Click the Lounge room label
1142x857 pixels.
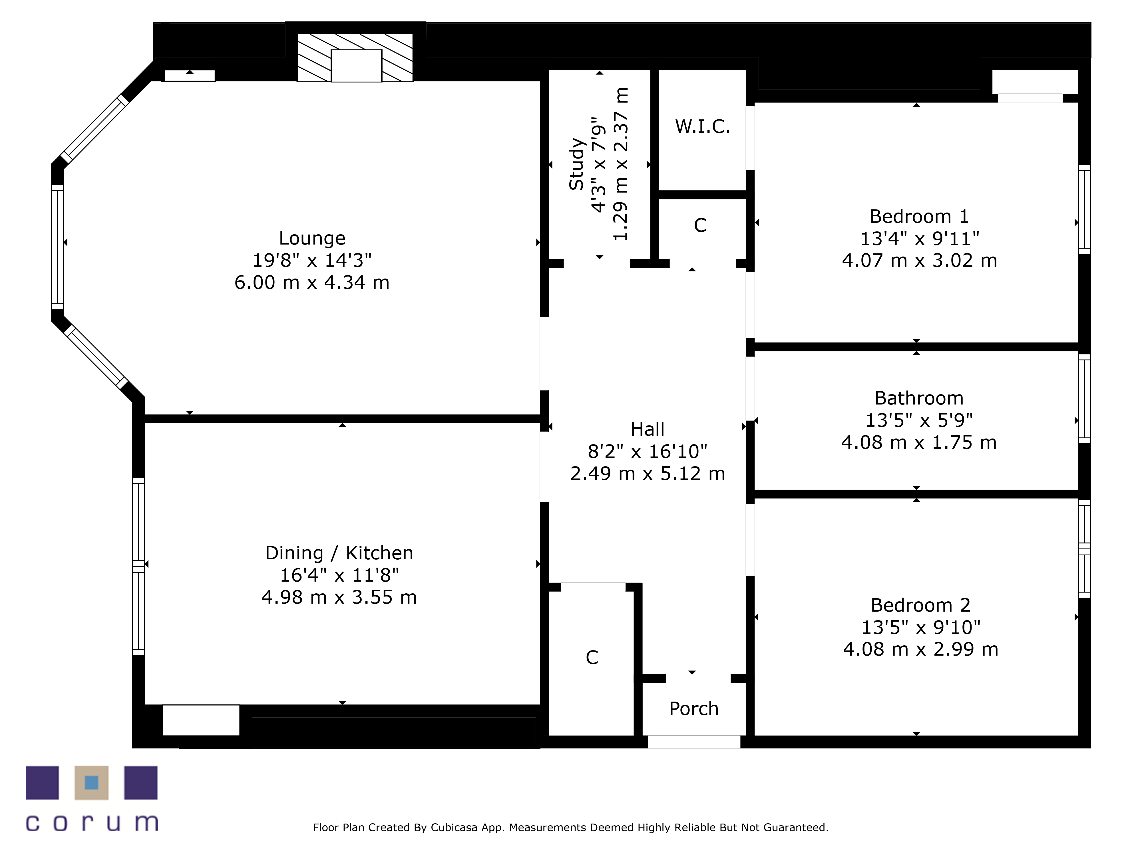312,238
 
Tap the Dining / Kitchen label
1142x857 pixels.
339,553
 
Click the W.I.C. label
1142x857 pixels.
703,126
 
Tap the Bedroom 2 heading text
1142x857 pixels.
920,605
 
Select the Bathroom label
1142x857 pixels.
919,398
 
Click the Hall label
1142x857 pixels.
648,429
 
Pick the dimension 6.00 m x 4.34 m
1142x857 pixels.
312,283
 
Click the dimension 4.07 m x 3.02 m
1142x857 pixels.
920,260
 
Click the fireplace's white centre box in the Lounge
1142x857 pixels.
356,66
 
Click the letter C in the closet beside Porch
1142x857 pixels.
592,658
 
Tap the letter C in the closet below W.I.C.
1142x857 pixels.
700,225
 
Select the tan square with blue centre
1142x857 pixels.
91,783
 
